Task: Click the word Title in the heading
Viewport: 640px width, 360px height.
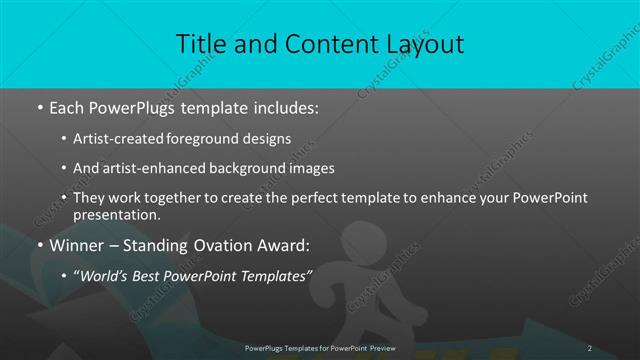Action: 203,44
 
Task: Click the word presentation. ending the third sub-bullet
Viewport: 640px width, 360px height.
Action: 116,215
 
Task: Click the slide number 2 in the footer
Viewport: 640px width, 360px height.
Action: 589,347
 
